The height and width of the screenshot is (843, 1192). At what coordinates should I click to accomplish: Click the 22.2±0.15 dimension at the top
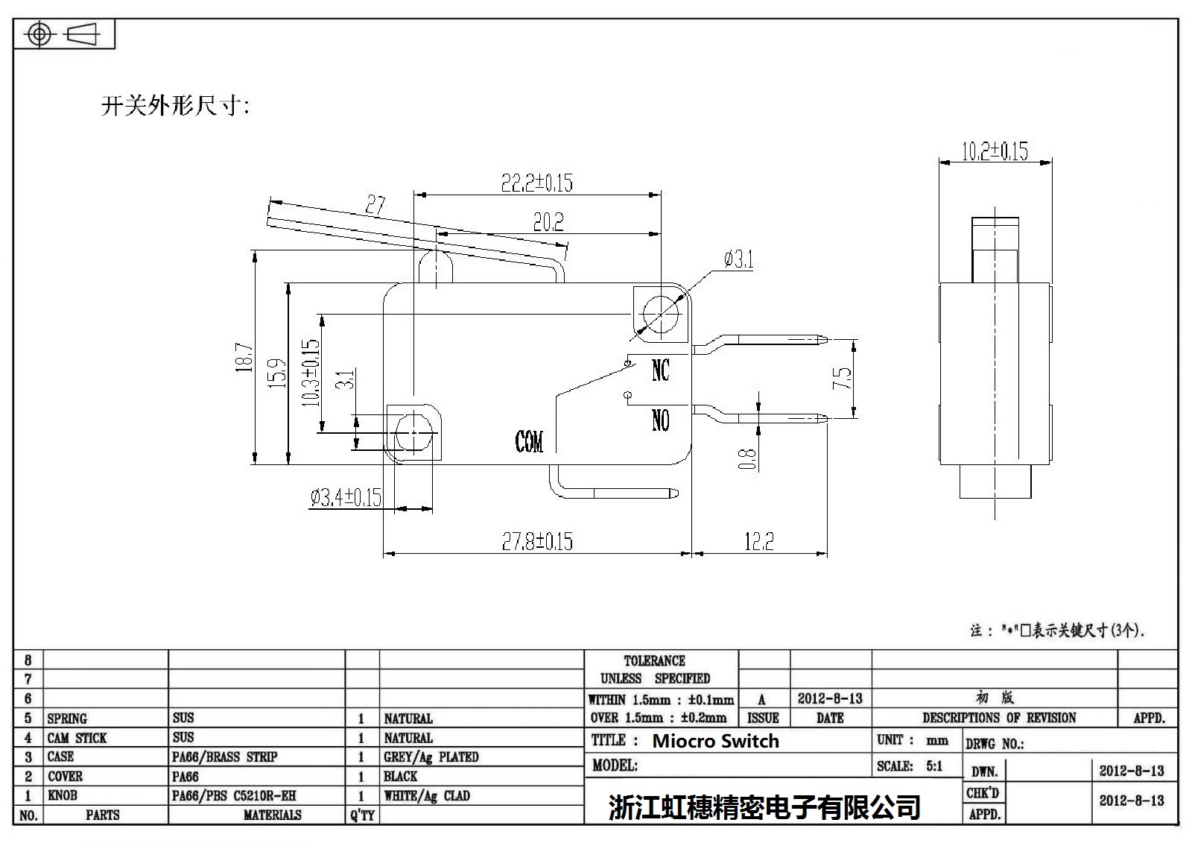pyautogui.click(x=536, y=183)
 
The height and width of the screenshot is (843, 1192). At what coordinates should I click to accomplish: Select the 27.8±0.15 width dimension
pyautogui.click(x=536, y=541)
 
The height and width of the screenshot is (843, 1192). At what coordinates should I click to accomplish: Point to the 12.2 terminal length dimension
pyautogui.click(x=759, y=541)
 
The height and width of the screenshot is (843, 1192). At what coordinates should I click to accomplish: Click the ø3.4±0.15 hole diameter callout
pyautogui.click(x=346, y=497)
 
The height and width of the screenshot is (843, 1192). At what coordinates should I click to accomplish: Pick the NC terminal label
pyautogui.click(x=660, y=370)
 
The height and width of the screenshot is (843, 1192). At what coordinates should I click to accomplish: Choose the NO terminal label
pyautogui.click(x=660, y=421)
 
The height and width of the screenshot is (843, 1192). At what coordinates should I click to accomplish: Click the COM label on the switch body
pyautogui.click(x=529, y=442)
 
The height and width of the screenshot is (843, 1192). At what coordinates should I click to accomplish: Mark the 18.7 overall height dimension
pyautogui.click(x=244, y=357)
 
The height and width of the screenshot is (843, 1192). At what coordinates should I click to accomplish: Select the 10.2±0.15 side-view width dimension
pyautogui.click(x=995, y=151)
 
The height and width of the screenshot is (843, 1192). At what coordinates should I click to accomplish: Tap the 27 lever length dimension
pyautogui.click(x=375, y=204)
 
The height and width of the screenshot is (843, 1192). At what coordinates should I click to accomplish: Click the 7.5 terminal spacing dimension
pyautogui.click(x=842, y=378)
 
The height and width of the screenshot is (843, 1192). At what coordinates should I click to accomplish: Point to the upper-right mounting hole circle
pyautogui.click(x=660, y=314)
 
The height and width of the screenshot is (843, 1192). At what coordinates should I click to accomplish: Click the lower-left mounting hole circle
pyautogui.click(x=412, y=432)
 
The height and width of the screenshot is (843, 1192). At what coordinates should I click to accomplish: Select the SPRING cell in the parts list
pyautogui.click(x=67, y=719)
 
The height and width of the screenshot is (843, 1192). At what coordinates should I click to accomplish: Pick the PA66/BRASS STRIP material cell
pyautogui.click(x=224, y=757)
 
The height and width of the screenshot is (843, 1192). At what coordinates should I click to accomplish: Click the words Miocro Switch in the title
pyautogui.click(x=715, y=741)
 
